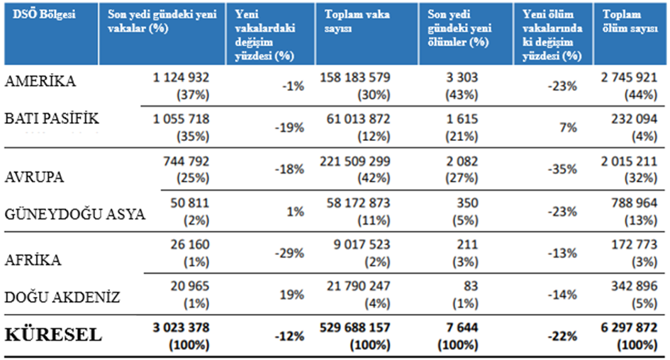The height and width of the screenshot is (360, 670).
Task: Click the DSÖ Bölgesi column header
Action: click(40, 14)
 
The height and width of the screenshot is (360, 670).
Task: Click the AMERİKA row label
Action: click(40, 81)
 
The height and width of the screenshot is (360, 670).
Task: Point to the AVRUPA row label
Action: click(35, 177)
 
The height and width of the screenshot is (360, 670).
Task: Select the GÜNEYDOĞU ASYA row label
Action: click(75, 215)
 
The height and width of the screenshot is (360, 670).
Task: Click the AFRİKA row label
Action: click(33, 259)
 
